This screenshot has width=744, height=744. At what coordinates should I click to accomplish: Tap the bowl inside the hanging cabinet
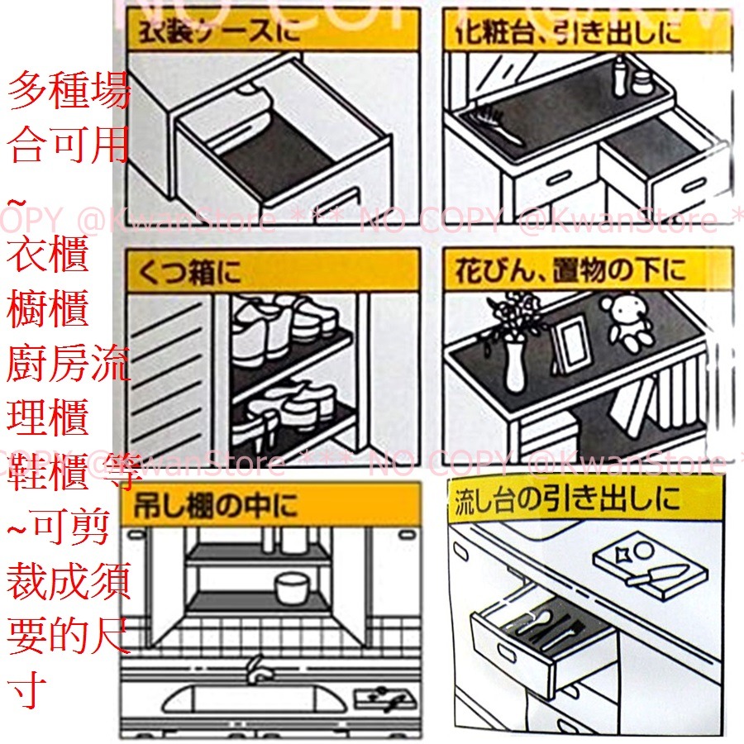point(290,589)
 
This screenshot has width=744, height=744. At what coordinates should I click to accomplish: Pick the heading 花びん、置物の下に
point(570,272)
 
